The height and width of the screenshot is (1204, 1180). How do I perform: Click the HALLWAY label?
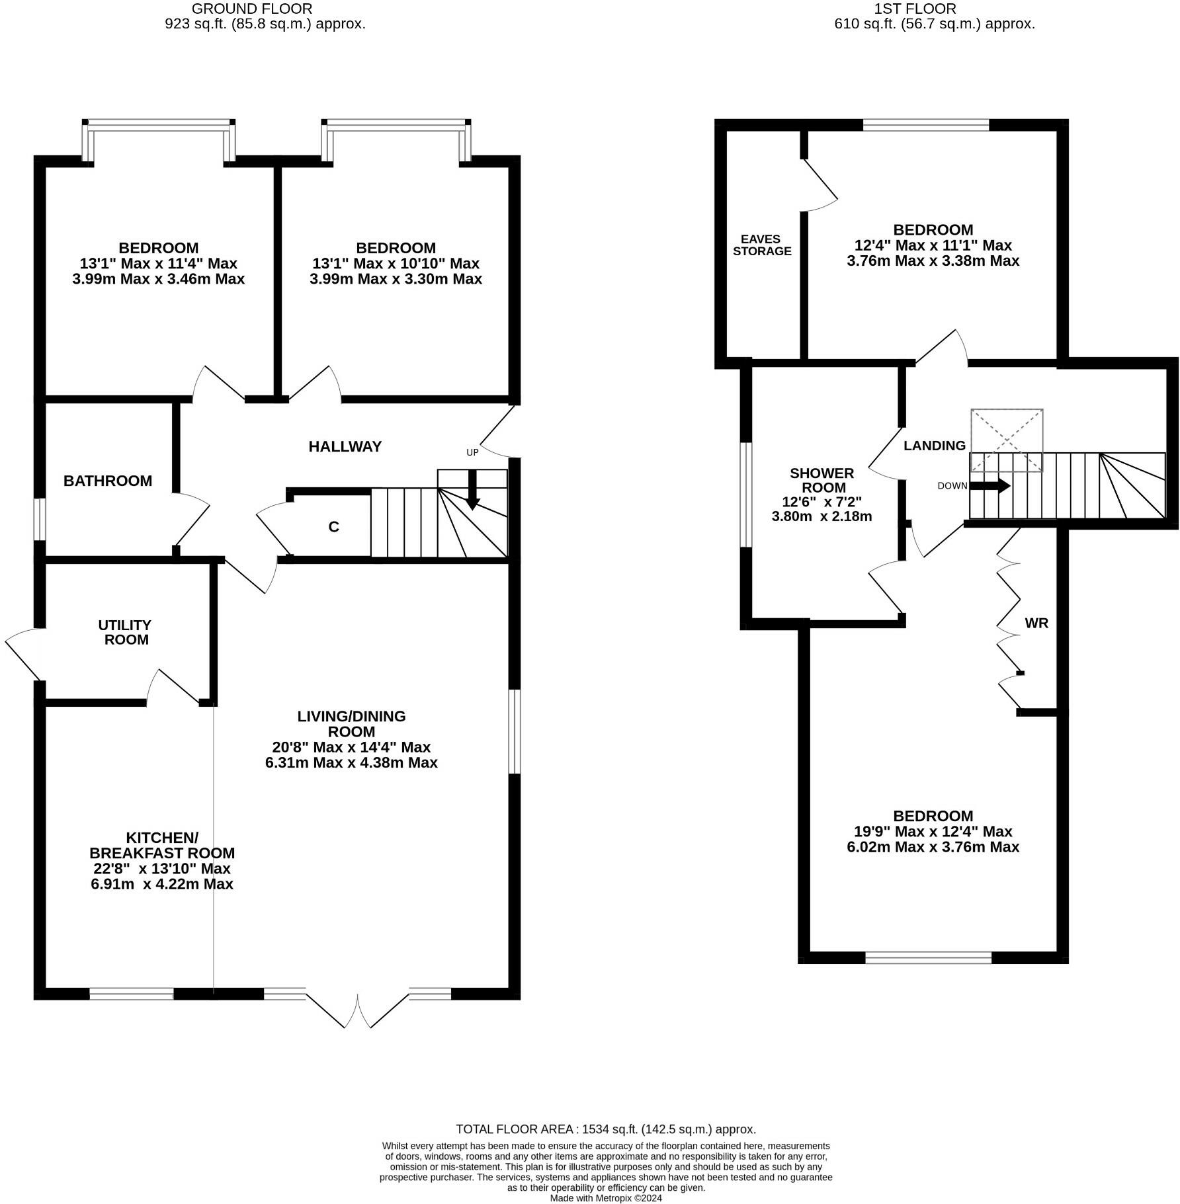[345, 447]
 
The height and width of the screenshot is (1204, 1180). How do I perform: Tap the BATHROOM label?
[108, 481]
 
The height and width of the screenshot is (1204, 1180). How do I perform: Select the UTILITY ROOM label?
[124, 632]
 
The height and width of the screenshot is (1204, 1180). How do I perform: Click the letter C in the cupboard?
[334, 527]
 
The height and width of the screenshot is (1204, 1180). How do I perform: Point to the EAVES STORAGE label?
[762, 245]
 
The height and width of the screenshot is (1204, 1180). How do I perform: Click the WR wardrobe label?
[1036, 623]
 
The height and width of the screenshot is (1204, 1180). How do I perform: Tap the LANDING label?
[934, 446]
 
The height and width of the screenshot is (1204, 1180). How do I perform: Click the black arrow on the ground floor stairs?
[472, 489]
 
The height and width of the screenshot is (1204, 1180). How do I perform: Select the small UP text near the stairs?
[472, 453]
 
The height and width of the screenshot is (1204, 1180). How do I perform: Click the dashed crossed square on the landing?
[1006, 440]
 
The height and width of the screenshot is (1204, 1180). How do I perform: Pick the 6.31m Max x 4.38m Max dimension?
[351, 763]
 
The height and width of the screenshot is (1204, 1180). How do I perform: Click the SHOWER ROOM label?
[822, 480]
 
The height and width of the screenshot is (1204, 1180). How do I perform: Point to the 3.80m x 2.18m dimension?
[822, 516]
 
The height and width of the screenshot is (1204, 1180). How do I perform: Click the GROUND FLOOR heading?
[251, 9]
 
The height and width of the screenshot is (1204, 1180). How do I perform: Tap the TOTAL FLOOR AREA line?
[605, 1129]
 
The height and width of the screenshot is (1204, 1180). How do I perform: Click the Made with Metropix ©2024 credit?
[605, 1197]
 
